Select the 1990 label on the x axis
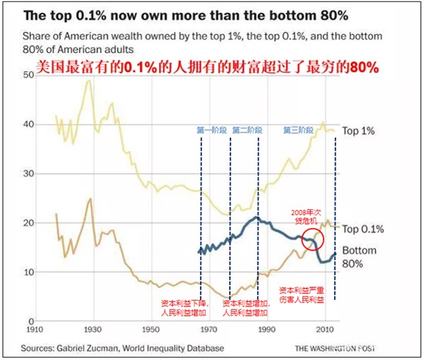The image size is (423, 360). pos(266,330)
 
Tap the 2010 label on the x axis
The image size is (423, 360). pos(324,330)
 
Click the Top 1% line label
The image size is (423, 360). pos(359,130)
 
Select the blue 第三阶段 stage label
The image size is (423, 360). pos(300,130)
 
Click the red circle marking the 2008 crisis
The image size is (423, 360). pos(313,240)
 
